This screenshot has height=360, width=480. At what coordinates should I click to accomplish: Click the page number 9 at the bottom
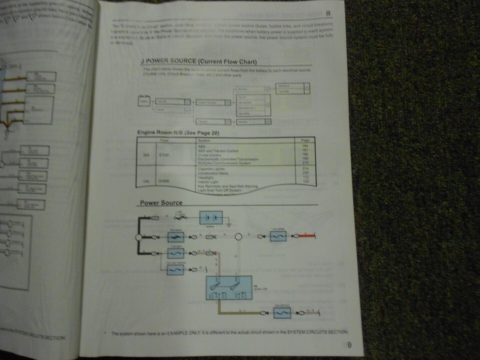[348, 344]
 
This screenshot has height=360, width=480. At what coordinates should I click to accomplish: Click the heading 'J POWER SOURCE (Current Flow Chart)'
[199, 61]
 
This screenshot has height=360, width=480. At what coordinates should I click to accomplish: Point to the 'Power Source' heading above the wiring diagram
[161, 202]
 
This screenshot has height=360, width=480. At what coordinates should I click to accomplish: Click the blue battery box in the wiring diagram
[211, 218]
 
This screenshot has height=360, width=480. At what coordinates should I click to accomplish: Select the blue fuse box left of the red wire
[277, 236]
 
